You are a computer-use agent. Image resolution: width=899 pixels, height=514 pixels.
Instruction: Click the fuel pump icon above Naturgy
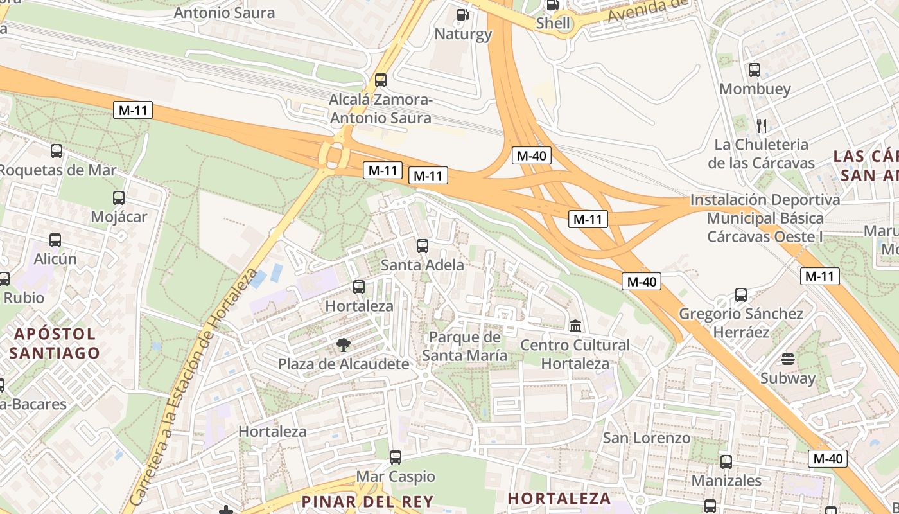pyautogui.click(x=462, y=14)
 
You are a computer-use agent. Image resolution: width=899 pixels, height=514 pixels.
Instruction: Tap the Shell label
pyautogui.click(x=553, y=24)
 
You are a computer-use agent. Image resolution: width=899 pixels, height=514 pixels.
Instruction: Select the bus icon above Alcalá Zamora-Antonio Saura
pyautogui.click(x=381, y=80)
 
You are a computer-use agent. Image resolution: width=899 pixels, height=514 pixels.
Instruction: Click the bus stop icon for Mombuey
pyautogui.click(x=755, y=70)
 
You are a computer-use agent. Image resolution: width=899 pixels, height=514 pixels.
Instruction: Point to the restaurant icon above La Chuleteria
pyautogui.click(x=762, y=125)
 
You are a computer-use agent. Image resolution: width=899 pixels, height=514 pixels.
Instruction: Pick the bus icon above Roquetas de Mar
pyautogui.click(x=57, y=151)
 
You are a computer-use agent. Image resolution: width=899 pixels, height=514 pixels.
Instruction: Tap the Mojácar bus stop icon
pyautogui.click(x=119, y=198)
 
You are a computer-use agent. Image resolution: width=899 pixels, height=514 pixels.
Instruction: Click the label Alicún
pyautogui.click(x=55, y=259)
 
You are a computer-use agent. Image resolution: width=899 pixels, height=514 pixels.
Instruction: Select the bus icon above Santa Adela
pyautogui.click(x=423, y=245)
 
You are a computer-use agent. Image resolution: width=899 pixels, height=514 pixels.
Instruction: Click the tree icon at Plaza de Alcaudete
pyautogui.click(x=344, y=345)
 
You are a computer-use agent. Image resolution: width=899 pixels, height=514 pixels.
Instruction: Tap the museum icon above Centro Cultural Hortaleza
pyautogui.click(x=575, y=326)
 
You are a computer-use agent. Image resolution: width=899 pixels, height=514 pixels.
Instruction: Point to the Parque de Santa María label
pyautogui.click(x=465, y=346)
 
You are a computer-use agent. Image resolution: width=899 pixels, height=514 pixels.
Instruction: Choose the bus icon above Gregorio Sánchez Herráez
pyautogui.click(x=741, y=295)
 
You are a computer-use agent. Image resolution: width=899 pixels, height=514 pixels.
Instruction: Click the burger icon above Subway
pyautogui.click(x=788, y=359)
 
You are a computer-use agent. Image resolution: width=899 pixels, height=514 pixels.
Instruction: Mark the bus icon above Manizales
pyautogui.click(x=726, y=461)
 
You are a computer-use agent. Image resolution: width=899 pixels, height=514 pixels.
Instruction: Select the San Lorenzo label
pyautogui.click(x=647, y=438)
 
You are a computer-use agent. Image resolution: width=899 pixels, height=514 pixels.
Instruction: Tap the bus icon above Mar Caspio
pyautogui.click(x=396, y=457)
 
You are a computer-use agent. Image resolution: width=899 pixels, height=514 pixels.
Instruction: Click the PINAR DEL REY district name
pyautogui.click(x=367, y=501)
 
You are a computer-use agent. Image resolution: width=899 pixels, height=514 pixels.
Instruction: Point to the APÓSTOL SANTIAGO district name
pyautogui.click(x=55, y=343)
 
